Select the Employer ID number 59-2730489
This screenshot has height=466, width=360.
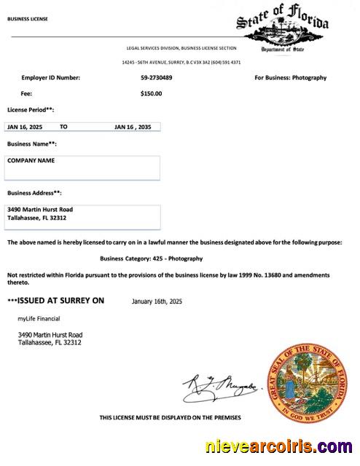click(x=157, y=78)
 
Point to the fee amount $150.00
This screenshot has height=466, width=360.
click(x=151, y=93)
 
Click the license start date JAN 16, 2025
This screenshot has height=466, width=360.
click(x=25, y=127)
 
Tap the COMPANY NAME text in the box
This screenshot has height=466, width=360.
click(x=31, y=160)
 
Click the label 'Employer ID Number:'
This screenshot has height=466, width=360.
click(x=50, y=78)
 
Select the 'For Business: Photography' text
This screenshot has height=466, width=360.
click(x=290, y=78)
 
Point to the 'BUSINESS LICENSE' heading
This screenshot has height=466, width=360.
click(x=28, y=19)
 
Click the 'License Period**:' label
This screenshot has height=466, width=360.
click(x=31, y=110)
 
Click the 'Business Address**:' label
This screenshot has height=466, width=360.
click(x=34, y=193)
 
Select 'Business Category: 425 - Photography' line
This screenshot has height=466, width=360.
click(x=151, y=258)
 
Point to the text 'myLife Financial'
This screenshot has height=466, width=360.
click(x=39, y=319)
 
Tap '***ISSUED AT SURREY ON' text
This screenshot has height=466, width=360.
click(x=55, y=301)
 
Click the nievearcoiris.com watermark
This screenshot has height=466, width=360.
click(x=280, y=447)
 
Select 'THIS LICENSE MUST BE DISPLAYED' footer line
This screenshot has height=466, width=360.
click(x=170, y=418)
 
